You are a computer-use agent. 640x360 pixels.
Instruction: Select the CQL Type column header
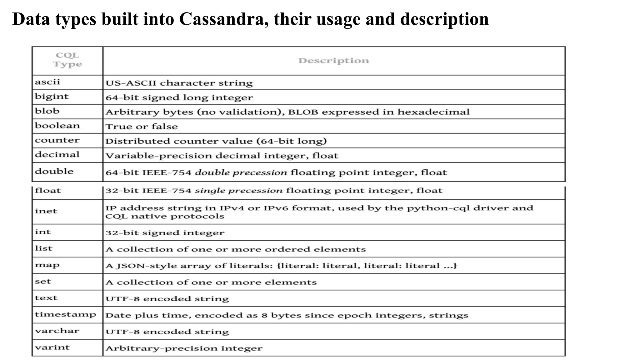[x=67, y=60]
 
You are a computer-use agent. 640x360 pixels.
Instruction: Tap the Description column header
[x=333, y=61]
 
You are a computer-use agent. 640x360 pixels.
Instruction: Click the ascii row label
[x=47, y=82]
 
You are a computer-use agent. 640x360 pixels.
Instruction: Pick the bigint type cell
[x=52, y=97]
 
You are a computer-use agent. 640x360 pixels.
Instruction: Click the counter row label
[x=57, y=140]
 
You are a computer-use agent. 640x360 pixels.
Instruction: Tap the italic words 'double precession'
[x=241, y=172]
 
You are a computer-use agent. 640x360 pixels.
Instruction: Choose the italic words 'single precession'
[x=238, y=191]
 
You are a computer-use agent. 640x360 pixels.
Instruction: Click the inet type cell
[x=46, y=211]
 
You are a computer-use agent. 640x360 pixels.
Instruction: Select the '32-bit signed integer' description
[x=165, y=233]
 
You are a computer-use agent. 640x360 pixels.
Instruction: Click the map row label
[x=47, y=265]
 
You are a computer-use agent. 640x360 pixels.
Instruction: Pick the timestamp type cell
[x=65, y=314]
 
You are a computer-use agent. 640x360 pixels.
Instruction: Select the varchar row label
[x=57, y=331]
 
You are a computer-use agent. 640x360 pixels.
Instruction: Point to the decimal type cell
[x=57, y=155]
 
